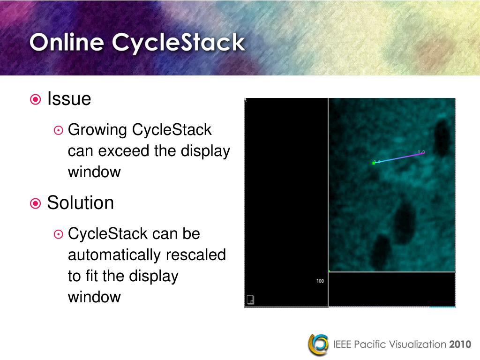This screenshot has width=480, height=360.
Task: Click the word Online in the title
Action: [67, 43]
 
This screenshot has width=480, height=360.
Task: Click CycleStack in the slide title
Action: [179, 43]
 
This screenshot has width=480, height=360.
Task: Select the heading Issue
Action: [69, 99]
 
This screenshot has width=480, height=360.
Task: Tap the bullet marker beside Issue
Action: [35, 99]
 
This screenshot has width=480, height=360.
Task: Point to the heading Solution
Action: [80, 203]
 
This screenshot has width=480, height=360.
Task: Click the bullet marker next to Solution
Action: [35, 203]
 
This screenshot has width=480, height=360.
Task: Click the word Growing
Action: [98, 130]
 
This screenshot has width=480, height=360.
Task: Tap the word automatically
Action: [115, 255]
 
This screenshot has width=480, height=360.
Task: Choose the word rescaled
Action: [196, 255]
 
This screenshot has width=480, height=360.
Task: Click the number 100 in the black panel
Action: [320, 281]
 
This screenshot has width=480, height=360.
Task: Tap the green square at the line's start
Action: [374, 163]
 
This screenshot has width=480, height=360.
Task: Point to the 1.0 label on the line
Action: [421, 152]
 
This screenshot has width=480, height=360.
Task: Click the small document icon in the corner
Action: [250, 300]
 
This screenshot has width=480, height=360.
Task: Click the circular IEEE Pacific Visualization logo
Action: [318, 344]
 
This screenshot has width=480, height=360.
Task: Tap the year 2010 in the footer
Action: [460, 345]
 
